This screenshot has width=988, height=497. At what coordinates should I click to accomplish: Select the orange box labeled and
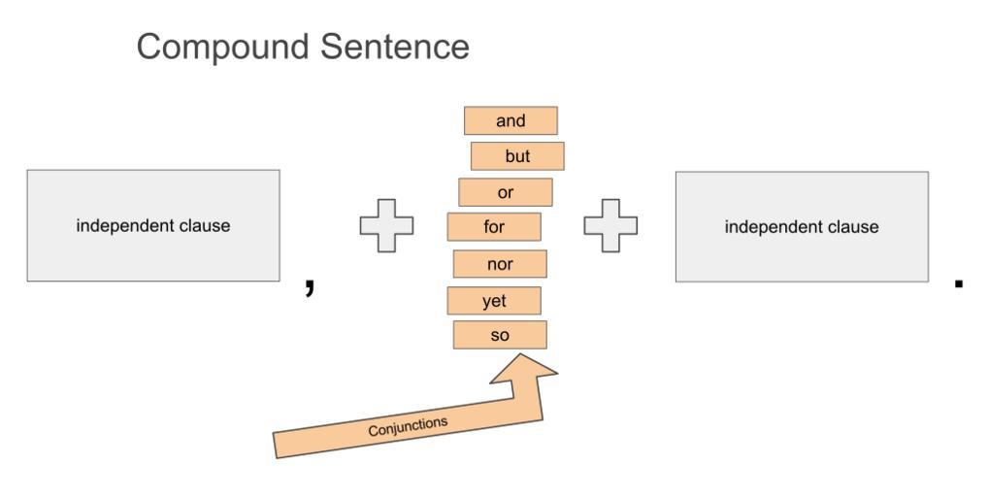(x=510, y=120)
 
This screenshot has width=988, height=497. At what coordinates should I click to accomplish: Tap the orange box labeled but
(x=517, y=156)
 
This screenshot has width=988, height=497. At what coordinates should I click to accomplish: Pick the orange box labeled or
(x=506, y=192)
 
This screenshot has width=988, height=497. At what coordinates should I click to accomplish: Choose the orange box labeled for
(x=494, y=227)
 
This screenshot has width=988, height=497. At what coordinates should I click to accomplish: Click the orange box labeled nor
(x=500, y=264)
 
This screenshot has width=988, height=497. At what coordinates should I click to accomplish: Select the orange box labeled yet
(x=494, y=301)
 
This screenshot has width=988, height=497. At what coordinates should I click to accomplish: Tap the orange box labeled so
(x=500, y=336)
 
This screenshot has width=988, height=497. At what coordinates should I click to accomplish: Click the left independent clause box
(x=153, y=226)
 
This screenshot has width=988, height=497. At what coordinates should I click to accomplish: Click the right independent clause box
(x=802, y=227)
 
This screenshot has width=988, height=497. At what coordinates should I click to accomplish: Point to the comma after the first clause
(x=310, y=285)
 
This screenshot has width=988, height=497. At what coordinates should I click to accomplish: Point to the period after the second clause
(x=959, y=283)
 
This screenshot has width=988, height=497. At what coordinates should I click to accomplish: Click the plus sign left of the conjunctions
(x=386, y=226)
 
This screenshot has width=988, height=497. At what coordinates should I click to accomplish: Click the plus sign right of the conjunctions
(x=610, y=226)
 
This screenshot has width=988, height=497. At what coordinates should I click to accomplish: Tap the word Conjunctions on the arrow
(x=408, y=425)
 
